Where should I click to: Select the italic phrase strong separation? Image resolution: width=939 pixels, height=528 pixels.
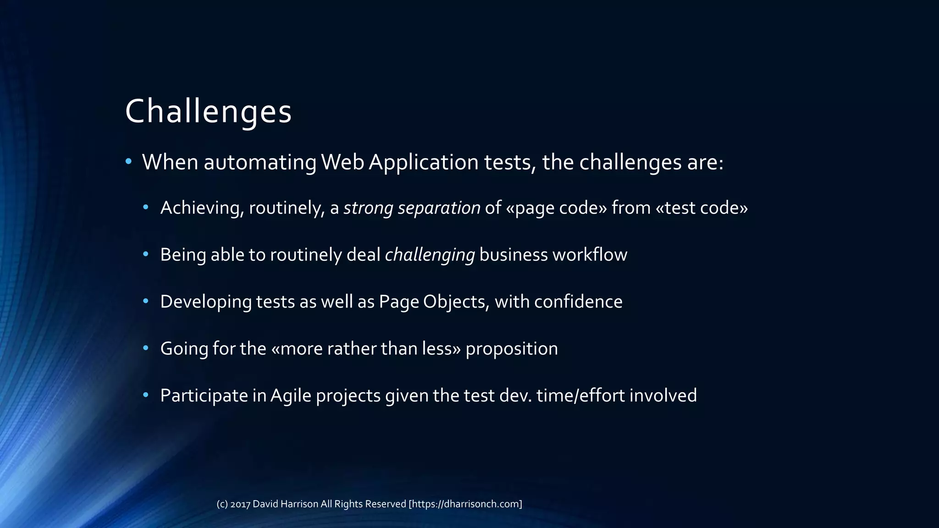412,208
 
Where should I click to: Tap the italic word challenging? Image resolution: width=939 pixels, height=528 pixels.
430,255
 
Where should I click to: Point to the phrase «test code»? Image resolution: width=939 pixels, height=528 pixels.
702,208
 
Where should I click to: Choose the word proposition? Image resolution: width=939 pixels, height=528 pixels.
512,349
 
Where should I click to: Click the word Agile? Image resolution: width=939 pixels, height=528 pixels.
291,396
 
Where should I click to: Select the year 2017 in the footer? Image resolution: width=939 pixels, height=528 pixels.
240,504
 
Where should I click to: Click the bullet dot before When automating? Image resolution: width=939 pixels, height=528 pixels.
129,161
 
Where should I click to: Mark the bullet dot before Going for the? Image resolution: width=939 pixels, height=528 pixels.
146,348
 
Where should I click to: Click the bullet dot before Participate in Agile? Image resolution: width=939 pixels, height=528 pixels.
146,395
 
